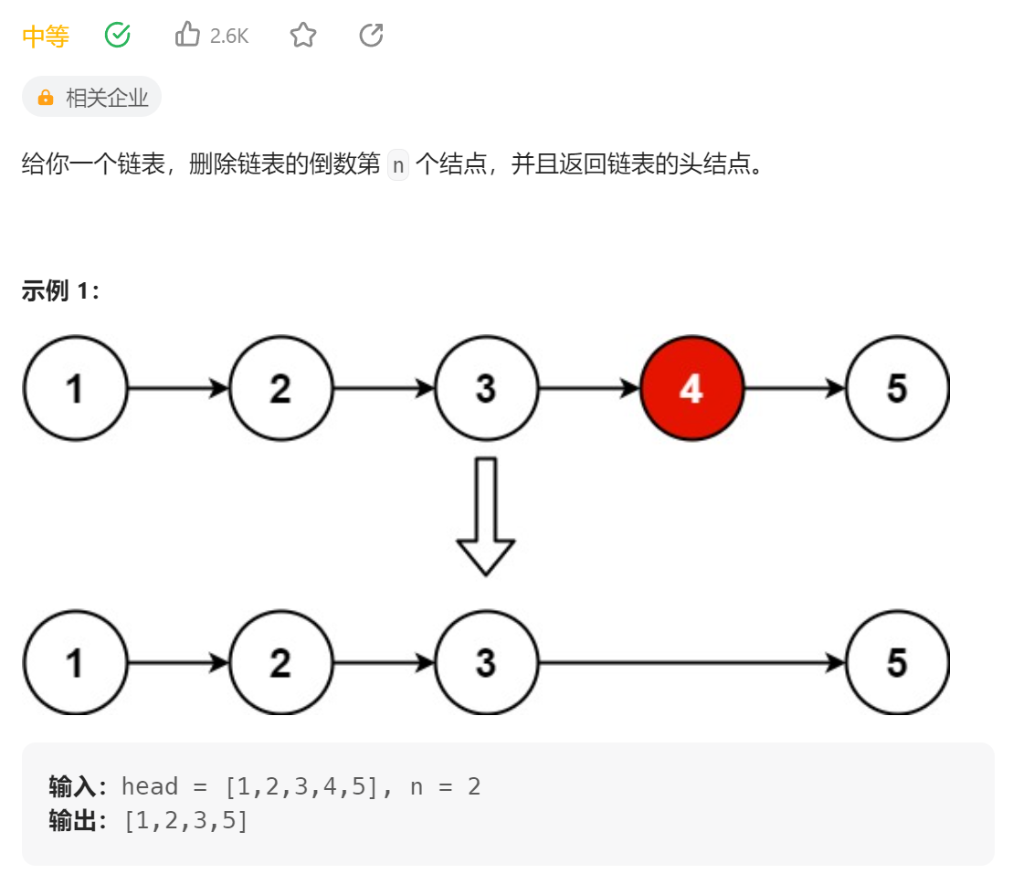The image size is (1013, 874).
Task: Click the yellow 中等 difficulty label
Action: click(45, 37)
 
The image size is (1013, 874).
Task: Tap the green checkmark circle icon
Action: click(118, 36)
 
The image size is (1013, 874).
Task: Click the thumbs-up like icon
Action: click(187, 36)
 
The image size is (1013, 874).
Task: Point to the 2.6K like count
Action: click(229, 37)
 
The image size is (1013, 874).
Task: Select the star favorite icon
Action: click(303, 36)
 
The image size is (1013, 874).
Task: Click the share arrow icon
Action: click(371, 36)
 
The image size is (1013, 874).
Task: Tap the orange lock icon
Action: click(45, 98)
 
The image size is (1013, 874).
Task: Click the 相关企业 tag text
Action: click(107, 98)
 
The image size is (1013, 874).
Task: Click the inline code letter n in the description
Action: click(397, 165)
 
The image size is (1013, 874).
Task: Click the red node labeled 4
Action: click(691, 389)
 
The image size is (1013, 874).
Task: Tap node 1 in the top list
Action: click(75, 389)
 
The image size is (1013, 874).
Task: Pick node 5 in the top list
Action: click(897, 389)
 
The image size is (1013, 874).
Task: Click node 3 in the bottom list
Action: click(486, 662)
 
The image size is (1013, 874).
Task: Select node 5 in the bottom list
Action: click(897, 662)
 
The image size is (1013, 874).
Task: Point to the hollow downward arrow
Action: click(486, 516)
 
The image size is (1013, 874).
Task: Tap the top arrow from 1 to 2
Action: click(177, 389)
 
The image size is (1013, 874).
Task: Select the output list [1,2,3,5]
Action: click(186, 821)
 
